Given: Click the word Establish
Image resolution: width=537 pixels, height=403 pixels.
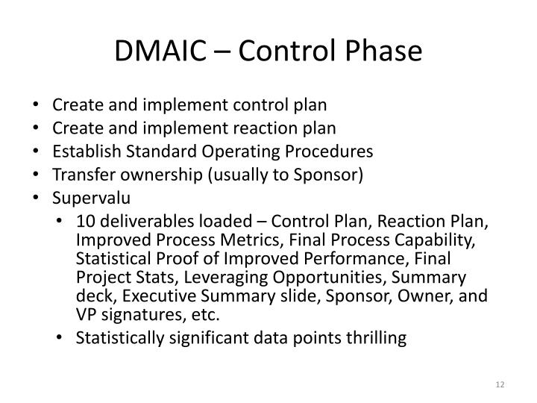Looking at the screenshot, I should [x=82, y=151].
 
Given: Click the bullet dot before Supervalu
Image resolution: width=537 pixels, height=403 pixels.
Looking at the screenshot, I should [x=38, y=199].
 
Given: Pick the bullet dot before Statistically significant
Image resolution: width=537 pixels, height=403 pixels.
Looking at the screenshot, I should [x=62, y=338].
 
